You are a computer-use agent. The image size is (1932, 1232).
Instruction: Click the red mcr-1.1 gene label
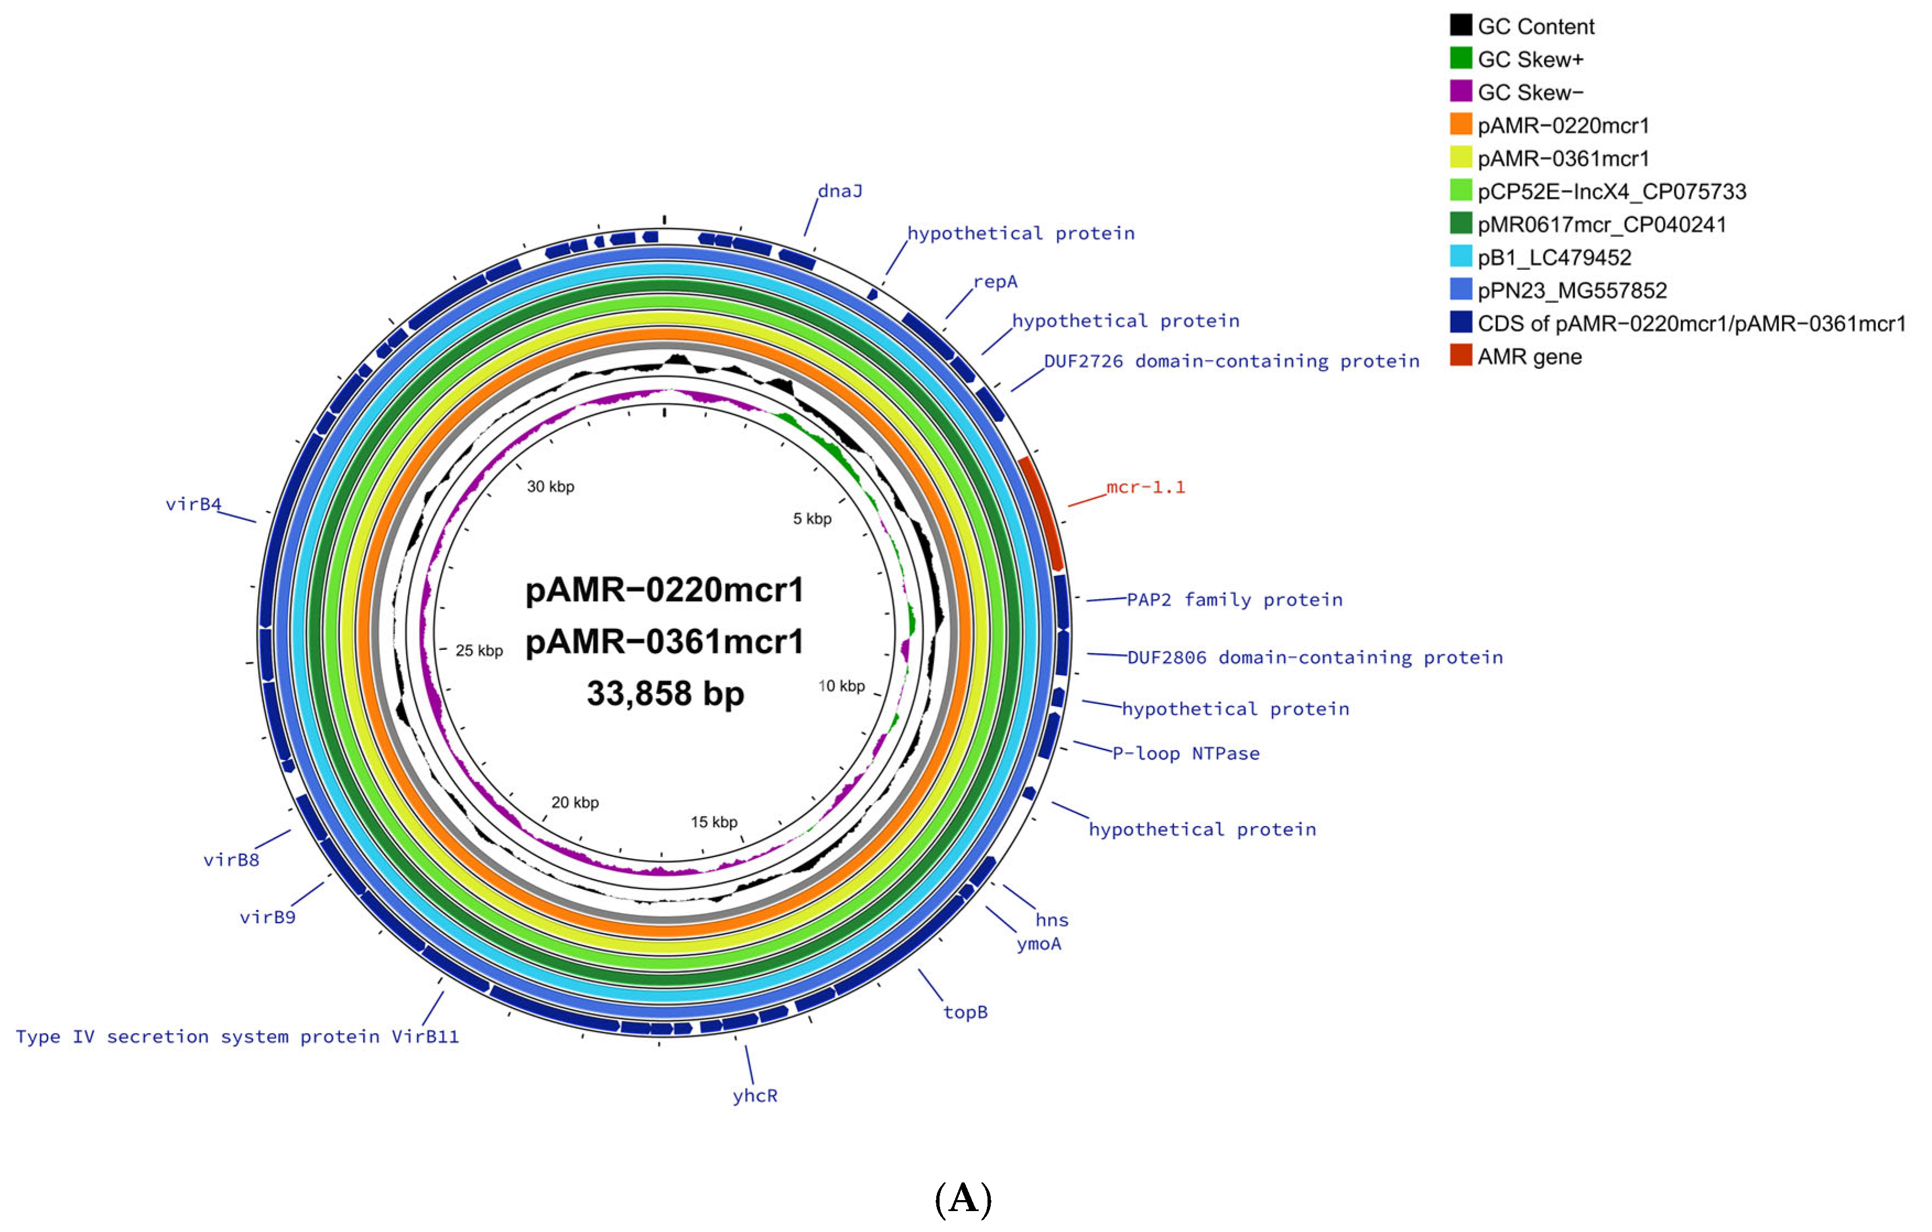point(1145,487)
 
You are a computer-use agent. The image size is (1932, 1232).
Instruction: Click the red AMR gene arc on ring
point(1041,513)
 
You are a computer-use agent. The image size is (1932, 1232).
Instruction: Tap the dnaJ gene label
point(840,191)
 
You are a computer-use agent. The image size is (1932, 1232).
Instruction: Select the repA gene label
point(995,281)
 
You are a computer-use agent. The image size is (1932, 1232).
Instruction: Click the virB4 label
point(193,504)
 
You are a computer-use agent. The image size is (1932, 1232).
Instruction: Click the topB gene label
point(965,1012)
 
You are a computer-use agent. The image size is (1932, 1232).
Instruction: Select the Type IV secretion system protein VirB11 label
point(237,1036)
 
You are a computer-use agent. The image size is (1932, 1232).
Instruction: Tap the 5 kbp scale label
point(812,519)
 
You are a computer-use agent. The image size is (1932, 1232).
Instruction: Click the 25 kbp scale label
point(479,650)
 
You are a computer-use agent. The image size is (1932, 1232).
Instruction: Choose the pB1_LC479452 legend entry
point(1553,257)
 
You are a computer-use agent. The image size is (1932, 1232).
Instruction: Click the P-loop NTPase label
point(1185,753)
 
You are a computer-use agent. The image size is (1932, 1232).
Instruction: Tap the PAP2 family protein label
point(1234,600)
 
